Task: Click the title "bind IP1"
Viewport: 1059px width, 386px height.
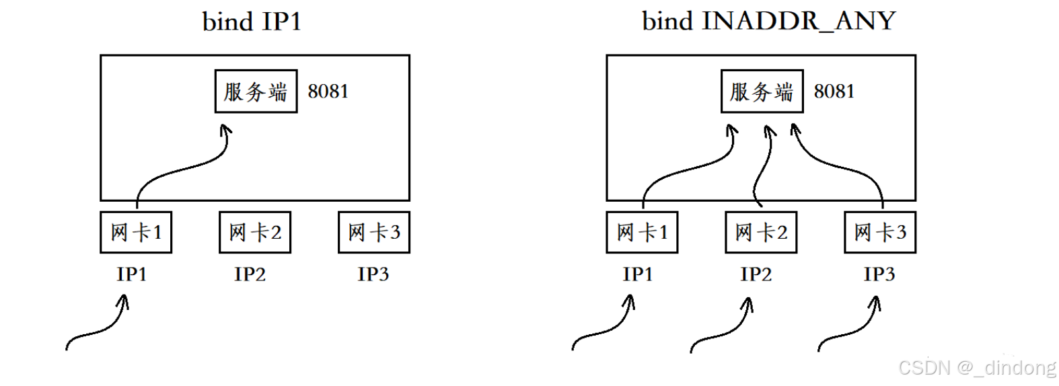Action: (x=252, y=22)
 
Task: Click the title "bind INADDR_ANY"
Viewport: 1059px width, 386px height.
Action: (x=768, y=21)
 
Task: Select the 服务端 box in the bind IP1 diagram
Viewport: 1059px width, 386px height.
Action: (x=256, y=91)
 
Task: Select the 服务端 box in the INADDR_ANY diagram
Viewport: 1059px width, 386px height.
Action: (x=762, y=91)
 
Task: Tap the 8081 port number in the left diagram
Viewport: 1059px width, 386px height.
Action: (x=328, y=91)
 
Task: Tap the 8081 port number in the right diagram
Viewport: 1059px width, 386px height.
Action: (x=834, y=91)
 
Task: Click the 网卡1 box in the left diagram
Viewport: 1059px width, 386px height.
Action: (x=136, y=233)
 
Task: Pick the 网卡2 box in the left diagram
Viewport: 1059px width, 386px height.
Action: (x=255, y=233)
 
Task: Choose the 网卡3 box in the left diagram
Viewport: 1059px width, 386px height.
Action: (x=374, y=233)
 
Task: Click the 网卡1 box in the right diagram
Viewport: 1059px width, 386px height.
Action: (x=642, y=233)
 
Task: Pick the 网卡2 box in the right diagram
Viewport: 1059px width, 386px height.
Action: (x=761, y=233)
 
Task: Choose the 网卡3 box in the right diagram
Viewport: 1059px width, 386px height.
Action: (x=880, y=233)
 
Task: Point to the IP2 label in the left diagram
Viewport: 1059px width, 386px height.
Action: (x=250, y=274)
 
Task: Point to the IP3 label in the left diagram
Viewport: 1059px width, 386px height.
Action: (x=373, y=274)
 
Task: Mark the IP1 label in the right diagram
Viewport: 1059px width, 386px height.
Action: (x=638, y=274)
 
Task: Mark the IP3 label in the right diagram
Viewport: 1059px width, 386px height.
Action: (x=879, y=274)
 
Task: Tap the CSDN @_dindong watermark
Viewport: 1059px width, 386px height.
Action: (x=977, y=368)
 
